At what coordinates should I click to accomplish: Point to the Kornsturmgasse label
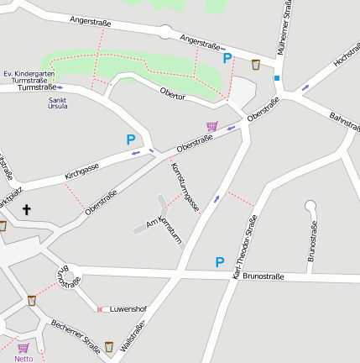[184, 187]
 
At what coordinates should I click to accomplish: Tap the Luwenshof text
[128, 308]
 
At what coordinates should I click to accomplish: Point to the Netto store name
[23, 359]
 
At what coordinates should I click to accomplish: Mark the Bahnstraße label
[344, 123]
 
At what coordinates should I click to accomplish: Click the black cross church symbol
[26, 209]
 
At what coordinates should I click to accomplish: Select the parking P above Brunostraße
[220, 262]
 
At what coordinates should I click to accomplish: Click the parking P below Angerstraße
[227, 58]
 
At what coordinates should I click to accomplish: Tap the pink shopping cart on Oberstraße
[211, 126]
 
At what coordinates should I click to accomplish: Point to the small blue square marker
[276, 78]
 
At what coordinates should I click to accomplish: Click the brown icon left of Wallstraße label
[108, 346]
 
